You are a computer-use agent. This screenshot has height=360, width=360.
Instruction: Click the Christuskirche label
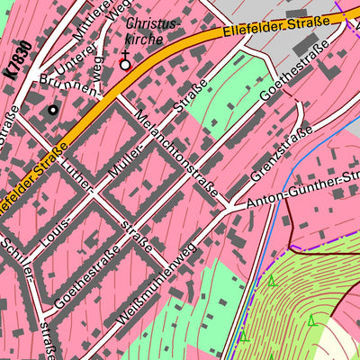(152, 31)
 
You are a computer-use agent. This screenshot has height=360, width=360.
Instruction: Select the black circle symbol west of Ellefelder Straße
(52, 110)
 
